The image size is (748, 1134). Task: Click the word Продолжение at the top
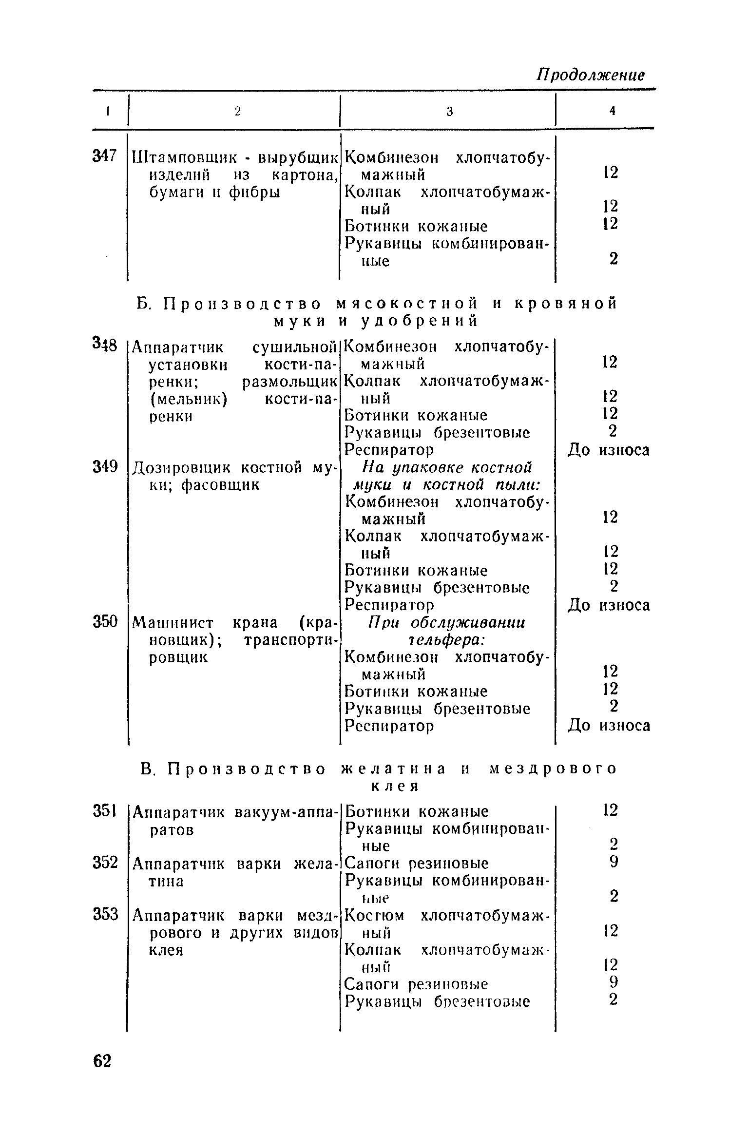pos(591,75)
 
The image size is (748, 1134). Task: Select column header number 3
pos(449,112)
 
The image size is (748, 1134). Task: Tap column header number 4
pos(612,111)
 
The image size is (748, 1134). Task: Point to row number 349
pos(105,467)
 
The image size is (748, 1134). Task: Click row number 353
pos(105,915)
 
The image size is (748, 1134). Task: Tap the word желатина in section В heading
pos(393,769)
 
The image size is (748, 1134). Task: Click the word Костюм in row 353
pos(374,916)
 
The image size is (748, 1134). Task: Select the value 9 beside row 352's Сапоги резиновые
pos(613,863)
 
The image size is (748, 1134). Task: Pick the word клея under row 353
pos(166,950)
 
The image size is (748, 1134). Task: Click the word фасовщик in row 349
pos(220,485)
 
